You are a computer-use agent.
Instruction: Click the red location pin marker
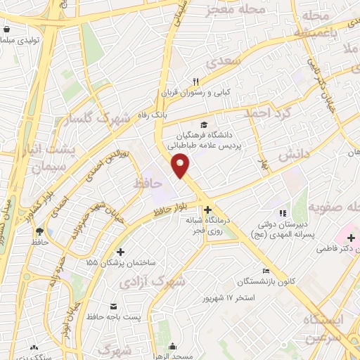point(181,165)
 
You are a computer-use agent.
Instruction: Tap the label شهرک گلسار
point(95,120)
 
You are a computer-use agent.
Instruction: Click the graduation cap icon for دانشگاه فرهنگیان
point(204,124)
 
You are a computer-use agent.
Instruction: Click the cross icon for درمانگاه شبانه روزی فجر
point(207,210)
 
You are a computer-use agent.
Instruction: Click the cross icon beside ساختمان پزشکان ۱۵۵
point(120,252)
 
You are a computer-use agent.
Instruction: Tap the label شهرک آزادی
point(162,283)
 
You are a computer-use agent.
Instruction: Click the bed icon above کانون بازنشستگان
point(266,271)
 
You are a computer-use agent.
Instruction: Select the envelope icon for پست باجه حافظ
point(114,307)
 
